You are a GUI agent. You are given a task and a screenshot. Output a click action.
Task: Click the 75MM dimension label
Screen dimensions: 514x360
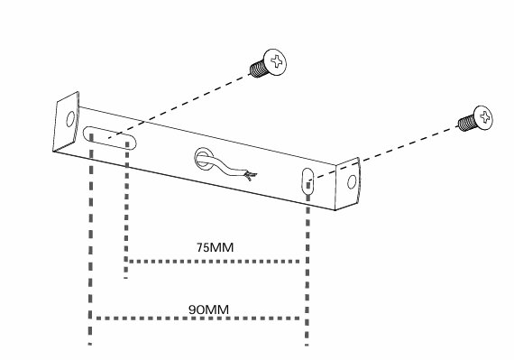tap(215, 247)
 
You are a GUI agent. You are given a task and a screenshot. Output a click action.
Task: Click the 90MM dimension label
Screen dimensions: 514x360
tap(208, 309)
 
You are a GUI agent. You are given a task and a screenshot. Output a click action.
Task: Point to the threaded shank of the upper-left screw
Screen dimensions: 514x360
tap(258, 69)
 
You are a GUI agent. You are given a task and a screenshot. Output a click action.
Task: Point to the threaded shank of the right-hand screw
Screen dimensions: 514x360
tap(465, 124)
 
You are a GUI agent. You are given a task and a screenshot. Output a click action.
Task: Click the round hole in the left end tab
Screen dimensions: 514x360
tap(70, 119)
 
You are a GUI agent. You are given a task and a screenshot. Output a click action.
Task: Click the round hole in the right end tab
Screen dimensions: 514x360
tap(352, 182)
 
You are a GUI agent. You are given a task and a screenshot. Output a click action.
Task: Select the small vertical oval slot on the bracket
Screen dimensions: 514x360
tap(307, 181)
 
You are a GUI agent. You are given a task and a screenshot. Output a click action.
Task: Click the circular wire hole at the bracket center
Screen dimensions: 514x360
tap(205, 159)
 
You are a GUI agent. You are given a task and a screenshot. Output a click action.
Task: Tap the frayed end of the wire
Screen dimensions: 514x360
tap(251, 176)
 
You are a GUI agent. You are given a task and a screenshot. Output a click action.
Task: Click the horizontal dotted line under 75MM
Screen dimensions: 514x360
tap(215, 262)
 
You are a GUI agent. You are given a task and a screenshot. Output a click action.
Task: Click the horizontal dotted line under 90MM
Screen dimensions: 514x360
tap(197, 318)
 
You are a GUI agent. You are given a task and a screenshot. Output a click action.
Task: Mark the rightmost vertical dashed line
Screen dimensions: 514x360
tap(307, 264)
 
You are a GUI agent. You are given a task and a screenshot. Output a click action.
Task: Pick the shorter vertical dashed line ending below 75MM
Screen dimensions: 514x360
tap(126, 210)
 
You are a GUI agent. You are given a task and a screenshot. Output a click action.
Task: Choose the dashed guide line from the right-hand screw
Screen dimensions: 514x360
tap(383, 154)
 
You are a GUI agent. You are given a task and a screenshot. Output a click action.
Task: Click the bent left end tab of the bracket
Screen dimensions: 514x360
tap(66, 122)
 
